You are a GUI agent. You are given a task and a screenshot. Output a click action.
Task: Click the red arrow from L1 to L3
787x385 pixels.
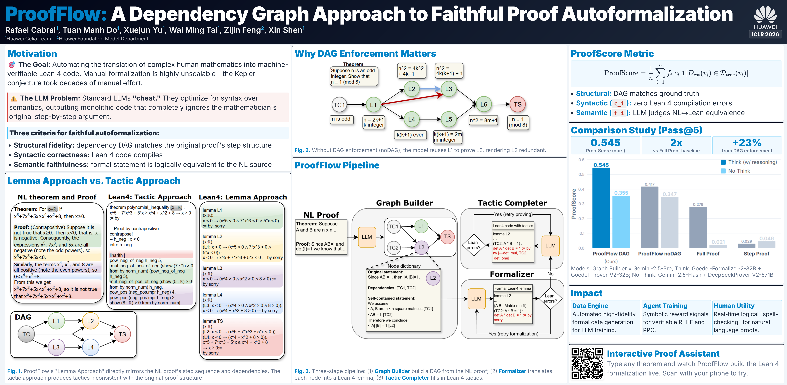click(412, 100)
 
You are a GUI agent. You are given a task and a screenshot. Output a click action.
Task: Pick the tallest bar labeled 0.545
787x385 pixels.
click(601, 208)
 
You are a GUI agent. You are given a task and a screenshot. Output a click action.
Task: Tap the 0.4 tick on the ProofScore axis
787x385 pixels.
click(581, 189)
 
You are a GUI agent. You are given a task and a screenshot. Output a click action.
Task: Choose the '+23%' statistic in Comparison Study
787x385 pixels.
click(747, 143)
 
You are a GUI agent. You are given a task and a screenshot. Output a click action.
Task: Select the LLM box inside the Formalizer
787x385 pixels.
click(476, 298)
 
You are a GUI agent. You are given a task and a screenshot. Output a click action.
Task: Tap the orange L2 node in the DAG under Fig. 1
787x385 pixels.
click(90, 321)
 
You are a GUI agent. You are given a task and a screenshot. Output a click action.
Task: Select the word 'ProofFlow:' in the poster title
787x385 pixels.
click(56, 14)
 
